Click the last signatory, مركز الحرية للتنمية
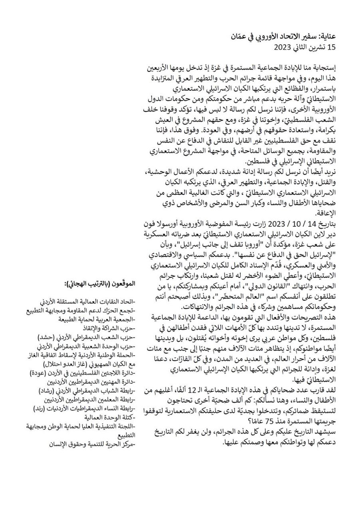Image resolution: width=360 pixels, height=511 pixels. [94, 444]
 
